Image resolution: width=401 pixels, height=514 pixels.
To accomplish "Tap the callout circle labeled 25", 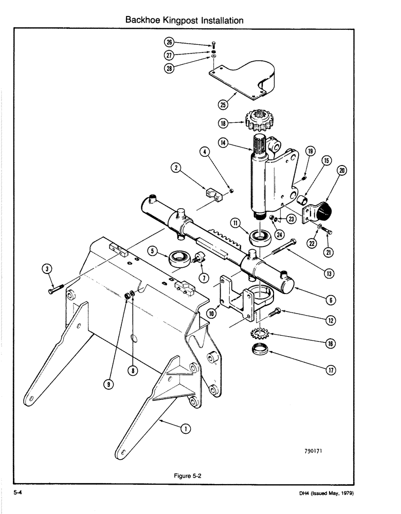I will [223, 105].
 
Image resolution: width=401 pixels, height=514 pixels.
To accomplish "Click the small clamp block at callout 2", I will [212, 194].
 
